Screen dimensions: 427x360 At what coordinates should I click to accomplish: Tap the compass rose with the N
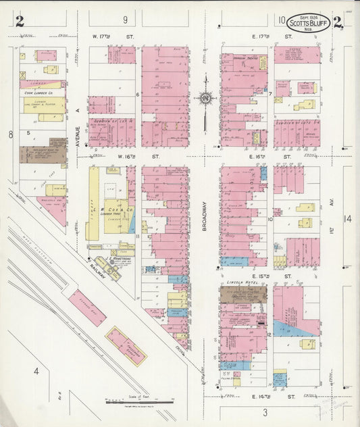204,99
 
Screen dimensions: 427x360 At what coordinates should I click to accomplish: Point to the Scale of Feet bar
138,401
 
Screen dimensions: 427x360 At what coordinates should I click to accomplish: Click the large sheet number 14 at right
347,218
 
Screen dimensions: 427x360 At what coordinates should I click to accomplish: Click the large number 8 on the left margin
11,134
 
